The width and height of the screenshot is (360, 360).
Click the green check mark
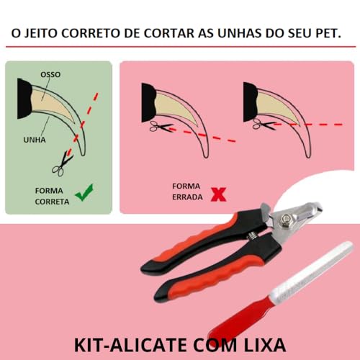pyautogui.click(x=85, y=192)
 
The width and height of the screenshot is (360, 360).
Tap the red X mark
pyautogui.click(x=215, y=192)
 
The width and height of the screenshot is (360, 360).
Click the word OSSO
pyautogui.click(x=50, y=73)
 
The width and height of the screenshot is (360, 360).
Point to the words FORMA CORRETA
pyautogui.click(x=53, y=196)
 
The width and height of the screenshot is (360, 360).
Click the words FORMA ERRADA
pyautogui.click(x=186, y=191)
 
